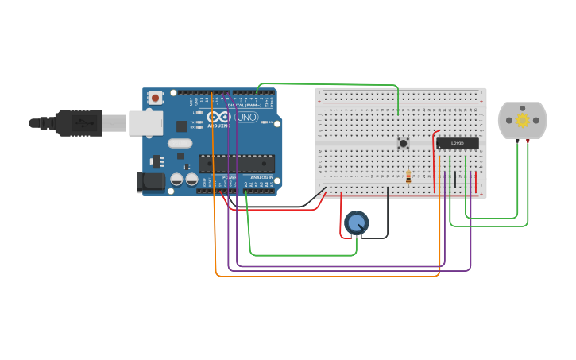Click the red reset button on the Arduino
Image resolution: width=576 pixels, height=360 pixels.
point(155,98)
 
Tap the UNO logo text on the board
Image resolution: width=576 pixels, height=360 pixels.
point(247,117)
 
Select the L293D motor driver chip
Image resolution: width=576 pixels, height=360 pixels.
point(458,144)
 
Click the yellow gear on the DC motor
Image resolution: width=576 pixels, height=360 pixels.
point(522,120)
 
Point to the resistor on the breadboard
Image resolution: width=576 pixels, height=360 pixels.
point(408,177)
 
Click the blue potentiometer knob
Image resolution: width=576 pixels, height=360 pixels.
point(357,223)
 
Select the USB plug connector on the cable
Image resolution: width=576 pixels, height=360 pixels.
point(79,123)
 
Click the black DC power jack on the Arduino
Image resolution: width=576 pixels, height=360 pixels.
point(149,182)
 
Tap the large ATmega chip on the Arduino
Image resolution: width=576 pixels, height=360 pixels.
point(237,164)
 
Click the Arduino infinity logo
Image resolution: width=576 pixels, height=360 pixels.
point(219,117)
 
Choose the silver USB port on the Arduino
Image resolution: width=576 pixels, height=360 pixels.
point(145,122)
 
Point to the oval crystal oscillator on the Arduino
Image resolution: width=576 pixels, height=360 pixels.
point(180,144)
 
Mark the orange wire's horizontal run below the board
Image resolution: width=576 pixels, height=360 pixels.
point(326,276)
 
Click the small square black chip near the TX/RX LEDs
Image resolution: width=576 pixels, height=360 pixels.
point(182,126)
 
